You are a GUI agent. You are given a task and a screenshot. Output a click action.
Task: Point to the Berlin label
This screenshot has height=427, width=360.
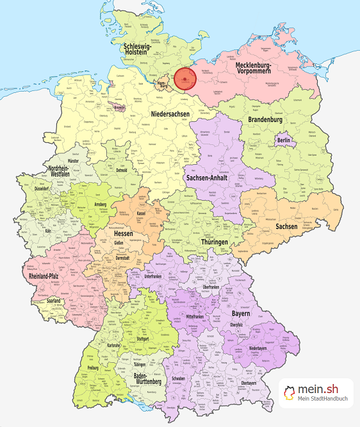pyautogui.click(x=284, y=140)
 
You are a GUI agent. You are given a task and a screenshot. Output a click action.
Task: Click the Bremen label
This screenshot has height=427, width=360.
pyautogui.click(x=119, y=108)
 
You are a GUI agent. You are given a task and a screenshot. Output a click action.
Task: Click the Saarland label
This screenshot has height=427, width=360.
pyautogui.click(x=53, y=301)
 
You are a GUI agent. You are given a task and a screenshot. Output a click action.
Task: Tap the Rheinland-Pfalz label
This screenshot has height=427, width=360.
pyautogui.click(x=47, y=277)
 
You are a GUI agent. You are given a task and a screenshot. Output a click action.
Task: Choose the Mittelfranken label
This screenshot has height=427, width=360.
pyautogui.click(x=199, y=316)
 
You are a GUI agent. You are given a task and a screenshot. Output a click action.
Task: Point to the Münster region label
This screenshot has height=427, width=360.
pyautogui.click(x=74, y=161)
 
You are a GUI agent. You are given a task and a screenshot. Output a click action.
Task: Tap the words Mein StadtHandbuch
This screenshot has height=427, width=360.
pyautogui.click(x=323, y=399)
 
